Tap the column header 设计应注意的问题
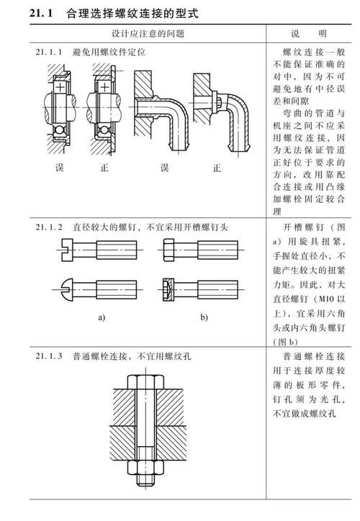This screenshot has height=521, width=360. [x=147, y=34]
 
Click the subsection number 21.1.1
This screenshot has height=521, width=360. [x=50, y=53]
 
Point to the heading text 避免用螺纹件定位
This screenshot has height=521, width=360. [x=109, y=53]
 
